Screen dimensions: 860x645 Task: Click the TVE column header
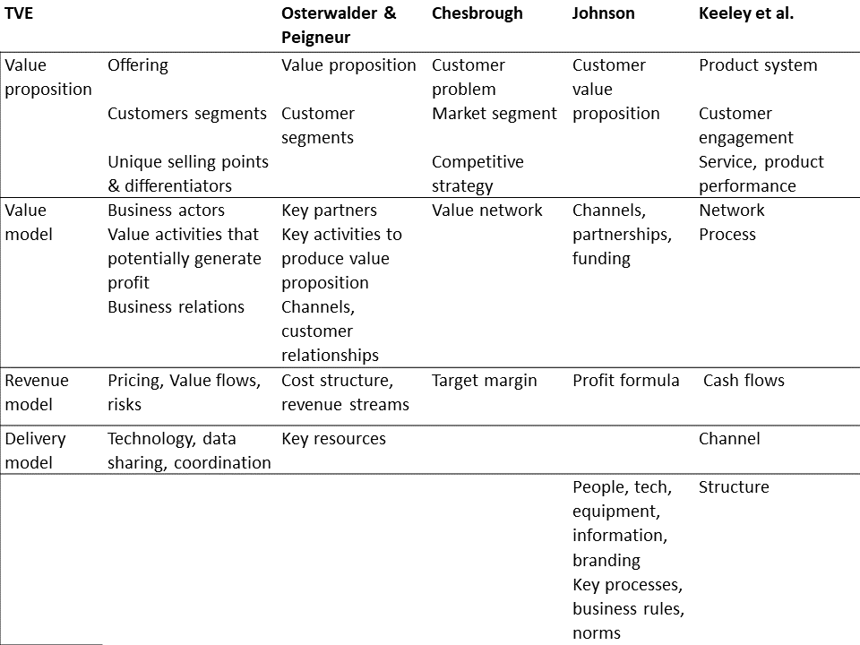point(19,13)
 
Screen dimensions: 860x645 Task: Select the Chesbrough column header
point(477,13)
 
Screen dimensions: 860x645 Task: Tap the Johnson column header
point(603,13)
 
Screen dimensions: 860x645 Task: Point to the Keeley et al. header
point(746,13)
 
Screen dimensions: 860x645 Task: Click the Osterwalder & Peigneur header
point(339,25)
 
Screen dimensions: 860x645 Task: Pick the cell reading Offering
point(138,65)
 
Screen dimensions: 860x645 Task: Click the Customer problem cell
point(468,77)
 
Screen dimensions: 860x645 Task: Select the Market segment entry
point(494,114)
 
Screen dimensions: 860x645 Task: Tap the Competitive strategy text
point(477,174)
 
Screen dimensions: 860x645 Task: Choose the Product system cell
point(758,65)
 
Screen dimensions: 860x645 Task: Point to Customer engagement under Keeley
point(746,125)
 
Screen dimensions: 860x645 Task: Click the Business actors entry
point(167,210)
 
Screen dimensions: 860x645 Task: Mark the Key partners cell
point(329,211)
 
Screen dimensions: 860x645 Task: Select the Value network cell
point(487,210)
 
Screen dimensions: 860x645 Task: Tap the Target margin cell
point(485,382)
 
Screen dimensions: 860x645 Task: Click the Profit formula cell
point(626,381)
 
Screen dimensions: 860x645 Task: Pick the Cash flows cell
point(744,381)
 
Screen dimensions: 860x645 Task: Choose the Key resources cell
point(333,439)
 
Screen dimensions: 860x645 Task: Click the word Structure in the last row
point(734,487)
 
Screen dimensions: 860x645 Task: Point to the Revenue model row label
point(37,392)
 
